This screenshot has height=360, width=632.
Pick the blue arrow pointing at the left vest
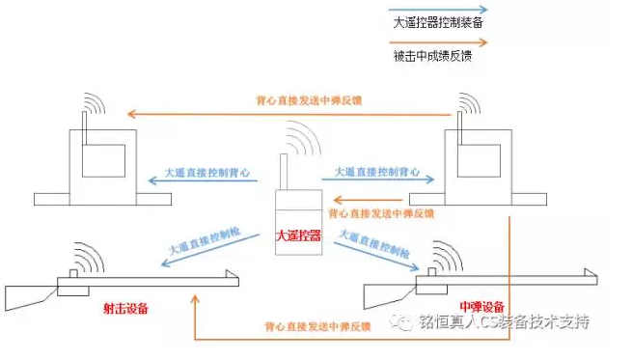(204, 180)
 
